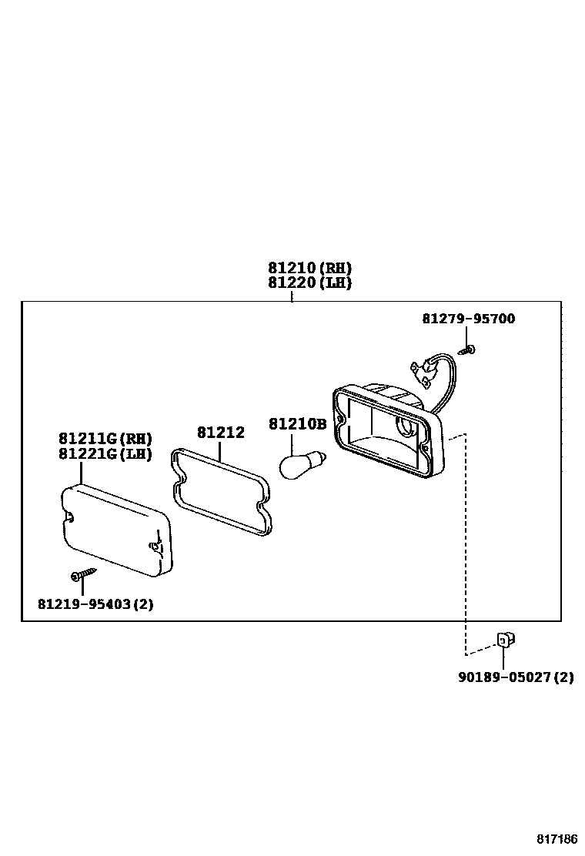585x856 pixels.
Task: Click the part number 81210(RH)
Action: (309, 268)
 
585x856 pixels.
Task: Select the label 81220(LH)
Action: (309, 283)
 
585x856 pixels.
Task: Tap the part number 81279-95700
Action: (468, 319)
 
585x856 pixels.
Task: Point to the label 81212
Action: (220, 433)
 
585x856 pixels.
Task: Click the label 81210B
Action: (297, 424)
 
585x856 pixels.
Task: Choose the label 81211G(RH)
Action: (105, 439)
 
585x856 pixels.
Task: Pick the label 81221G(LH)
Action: (105, 453)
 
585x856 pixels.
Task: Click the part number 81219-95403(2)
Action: (95, 604)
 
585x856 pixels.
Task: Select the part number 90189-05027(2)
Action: (516, 677)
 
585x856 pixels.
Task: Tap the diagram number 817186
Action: (557, 838)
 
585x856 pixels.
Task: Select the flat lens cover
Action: (116, 530)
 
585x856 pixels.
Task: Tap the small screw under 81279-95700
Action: (468, 350)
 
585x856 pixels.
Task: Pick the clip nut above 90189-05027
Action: (504, 639)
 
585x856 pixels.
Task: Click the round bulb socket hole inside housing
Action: (405, 425)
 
